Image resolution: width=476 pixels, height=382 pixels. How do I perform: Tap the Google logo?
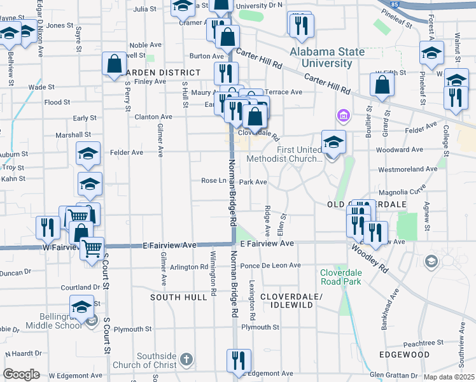[21, 374]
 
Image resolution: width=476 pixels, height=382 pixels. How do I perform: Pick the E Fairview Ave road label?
[267, 244]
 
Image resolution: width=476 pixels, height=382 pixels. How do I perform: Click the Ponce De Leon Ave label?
[270, 265]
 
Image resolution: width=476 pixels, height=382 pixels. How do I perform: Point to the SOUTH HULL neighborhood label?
[178, 297]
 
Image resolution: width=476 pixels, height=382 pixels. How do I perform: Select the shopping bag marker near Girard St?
[381, 87]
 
